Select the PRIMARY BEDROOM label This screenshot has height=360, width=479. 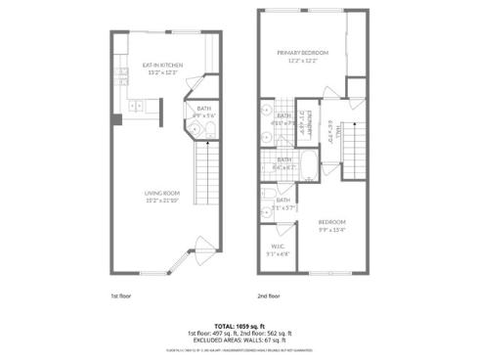301,52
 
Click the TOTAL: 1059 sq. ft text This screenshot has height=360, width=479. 239,323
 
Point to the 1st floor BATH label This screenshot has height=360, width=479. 204,109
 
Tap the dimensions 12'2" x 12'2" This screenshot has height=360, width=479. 301,61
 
